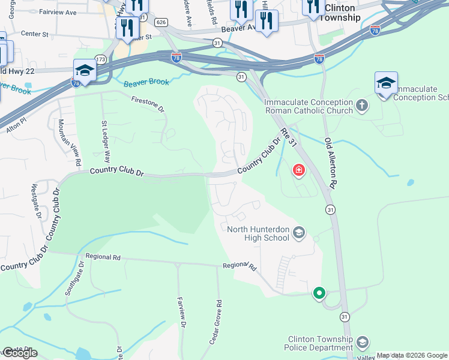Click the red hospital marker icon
pyautogui.click(x=298, y=172)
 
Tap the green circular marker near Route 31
pyautogui.click(x=319, y=293)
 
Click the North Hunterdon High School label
pyautogui.click(x=260, y=233)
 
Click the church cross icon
pyautogui.click(x=362, y=106)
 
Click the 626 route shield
pyautogui.click(x=160, y=22)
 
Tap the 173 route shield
pyautogui.click(x=101, y=59)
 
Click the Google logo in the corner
pyautogui.click(x=20, y=353)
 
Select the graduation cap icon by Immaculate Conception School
pyautogui.click(x=386, y=83)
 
